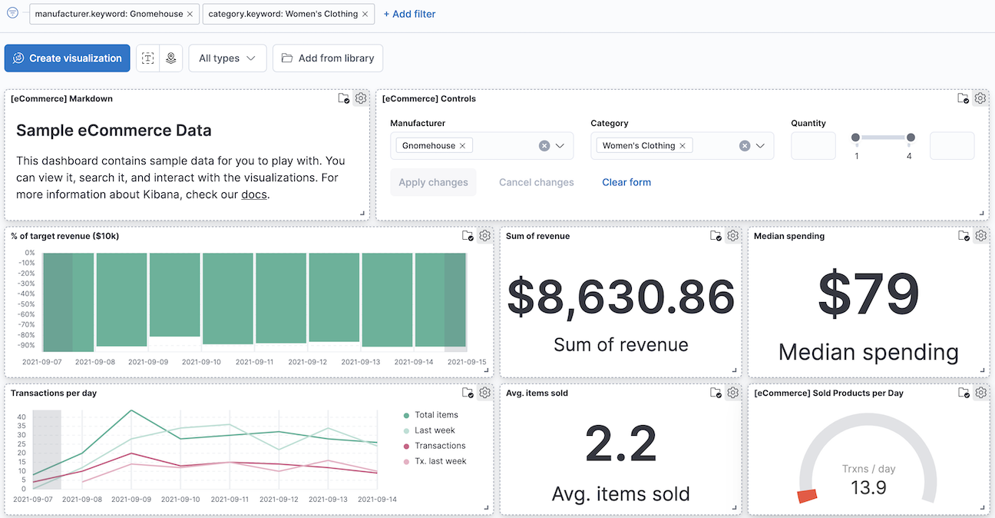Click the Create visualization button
[x=68, y=58]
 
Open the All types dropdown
[x=227, y=58]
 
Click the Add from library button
[x=328, y=58]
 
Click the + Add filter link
[x=409, y=14]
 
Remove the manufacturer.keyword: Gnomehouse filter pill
[x=190, y=14]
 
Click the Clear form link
[x=626, y=182]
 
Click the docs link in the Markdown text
[x=254, y=194]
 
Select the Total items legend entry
[x=436, y=415]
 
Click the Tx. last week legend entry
[x=440, y=461]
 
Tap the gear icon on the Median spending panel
[x=980, y=236]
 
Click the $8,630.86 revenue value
[x=620, y=297]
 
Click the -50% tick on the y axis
[x=27, y=304]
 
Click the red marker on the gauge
[x=806, y=496]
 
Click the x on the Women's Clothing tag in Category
[x=682, y=146]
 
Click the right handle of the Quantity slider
[x=911, y=138]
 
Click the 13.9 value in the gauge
[x=868, y=487]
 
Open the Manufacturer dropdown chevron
[x=560, y=146]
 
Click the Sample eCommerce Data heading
[x=114, y=131]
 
